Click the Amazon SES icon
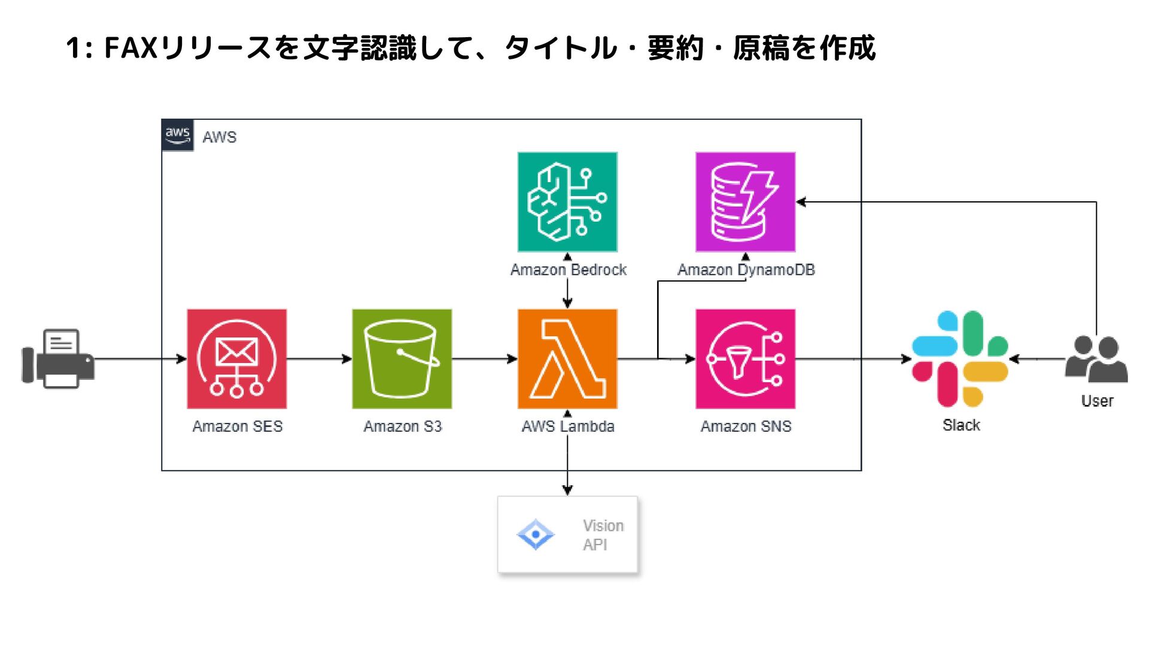[236, 359]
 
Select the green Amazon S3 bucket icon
[402, 359]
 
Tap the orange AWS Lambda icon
[567, 359]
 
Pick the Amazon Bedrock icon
[567, 202]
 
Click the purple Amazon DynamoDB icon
[745, 202]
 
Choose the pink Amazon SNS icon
[745, 359]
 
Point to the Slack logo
[960, 359]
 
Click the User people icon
[1096, 359]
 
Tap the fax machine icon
[58, 359]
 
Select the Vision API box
[567, 534]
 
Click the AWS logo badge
[178, 135]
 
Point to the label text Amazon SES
[238, 427]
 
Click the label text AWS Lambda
[568, 427]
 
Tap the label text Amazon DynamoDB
[746, 270]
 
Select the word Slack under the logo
[961, 425]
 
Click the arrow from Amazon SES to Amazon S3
[319, 359]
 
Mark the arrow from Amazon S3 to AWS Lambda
[484, 359]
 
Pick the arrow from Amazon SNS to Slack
[853, 359]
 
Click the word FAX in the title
[131, 48]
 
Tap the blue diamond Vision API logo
[536, 534]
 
